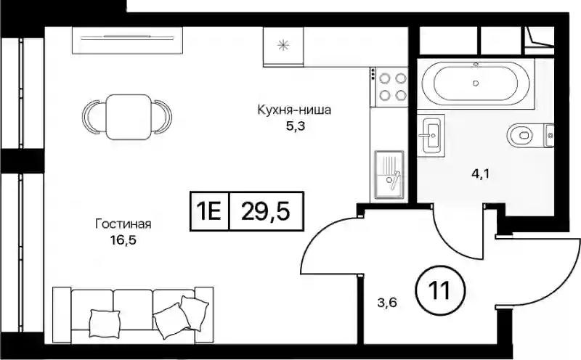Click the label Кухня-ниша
(x=294, y=110)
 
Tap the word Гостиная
(x=123, y=224)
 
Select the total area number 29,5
(x=265, y=211)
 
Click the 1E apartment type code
(x=209, y=211)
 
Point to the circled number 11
(x=440, y=290)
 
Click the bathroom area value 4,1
(x=480, y=173)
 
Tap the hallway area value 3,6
(x=387, y=303)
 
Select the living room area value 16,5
(x=123, y=240)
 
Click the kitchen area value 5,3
(x=295, y=126)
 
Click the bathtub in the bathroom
(x=476, y=83)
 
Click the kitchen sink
(x=389, y=175)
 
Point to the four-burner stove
(x=389, y=87)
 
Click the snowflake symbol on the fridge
(x=283, y=45)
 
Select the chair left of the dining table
(x=92, y=117)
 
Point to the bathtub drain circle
(x=476, y=83)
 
